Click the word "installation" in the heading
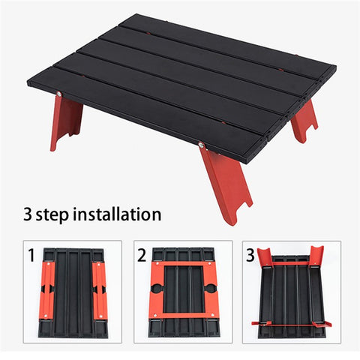[114, 214]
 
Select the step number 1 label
[31, 254]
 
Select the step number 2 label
[141, 254]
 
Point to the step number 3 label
[249, 254]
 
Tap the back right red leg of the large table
[304, 119]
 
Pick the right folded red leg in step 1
[99, 289]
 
